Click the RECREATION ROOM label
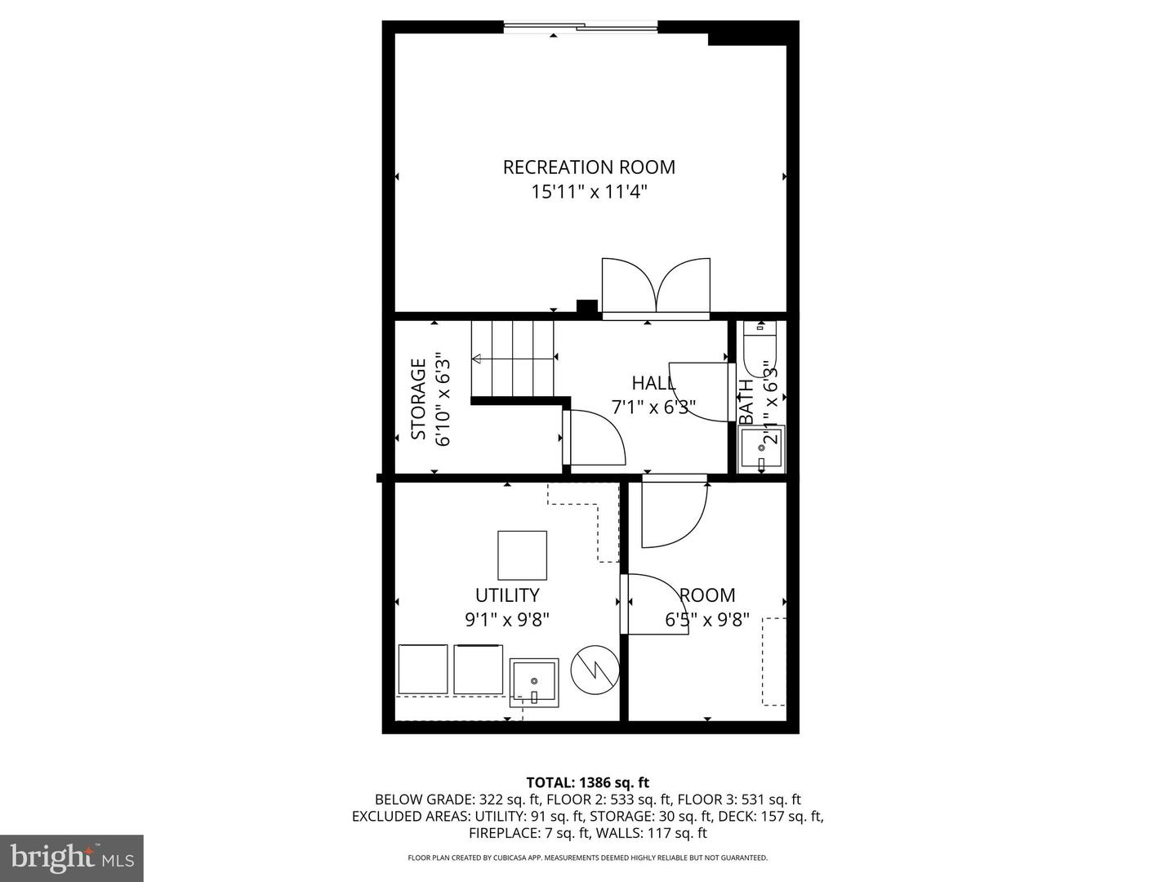pos(589,167)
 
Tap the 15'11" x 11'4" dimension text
pos(589,193)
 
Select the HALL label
pos(653,383)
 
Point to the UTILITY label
pos(507,595)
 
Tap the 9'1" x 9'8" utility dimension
pos(507,620)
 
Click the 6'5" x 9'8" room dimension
pos(707,620)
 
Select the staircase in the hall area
pos(513,359)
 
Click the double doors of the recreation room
pos(656,287)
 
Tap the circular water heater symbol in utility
pos(595,671)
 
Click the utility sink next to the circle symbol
pos(534,682)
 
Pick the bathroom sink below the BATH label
pos(762,449)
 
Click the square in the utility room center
pos(522,555)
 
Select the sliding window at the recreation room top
pos(581,28)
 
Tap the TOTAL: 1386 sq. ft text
pos(588,782)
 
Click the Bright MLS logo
pos(72,857)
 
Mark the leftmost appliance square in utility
pos(423,670)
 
